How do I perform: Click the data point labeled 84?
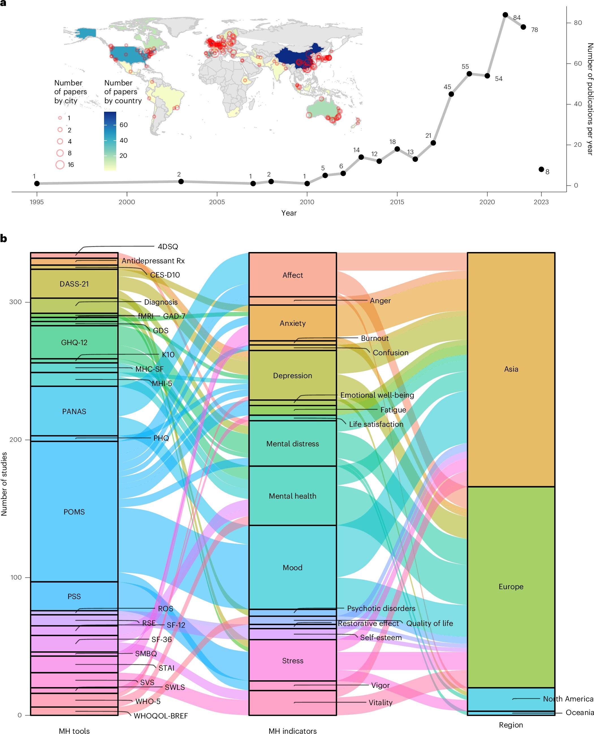(x=505, y=15)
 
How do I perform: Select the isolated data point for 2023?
(x=541, y=169)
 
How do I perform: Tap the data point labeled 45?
(x=451, y=94)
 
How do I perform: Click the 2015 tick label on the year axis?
(x=397, y=202)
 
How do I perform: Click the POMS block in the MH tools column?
(x=74, y=511)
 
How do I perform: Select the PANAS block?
(x=74, y=411)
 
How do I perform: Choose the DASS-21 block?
(x=74, y=284)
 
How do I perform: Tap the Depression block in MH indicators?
(x=293, y=376)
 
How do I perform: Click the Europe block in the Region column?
(x=511, y=586)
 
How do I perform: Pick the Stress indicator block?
(x=293, y=660)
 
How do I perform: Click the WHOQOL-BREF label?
(x=161, y=716)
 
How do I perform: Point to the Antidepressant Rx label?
(x=153, y=261)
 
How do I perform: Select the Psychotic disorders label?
(x=381, y=608)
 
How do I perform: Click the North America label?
(x=568, y=699)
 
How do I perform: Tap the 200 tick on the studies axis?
(x=15, y=439)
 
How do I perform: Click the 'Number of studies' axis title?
(x=4, y=484)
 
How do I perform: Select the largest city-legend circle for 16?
(x=60, y=165)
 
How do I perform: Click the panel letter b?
(x=4, y=239)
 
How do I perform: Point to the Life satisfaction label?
(x=376, y=424)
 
